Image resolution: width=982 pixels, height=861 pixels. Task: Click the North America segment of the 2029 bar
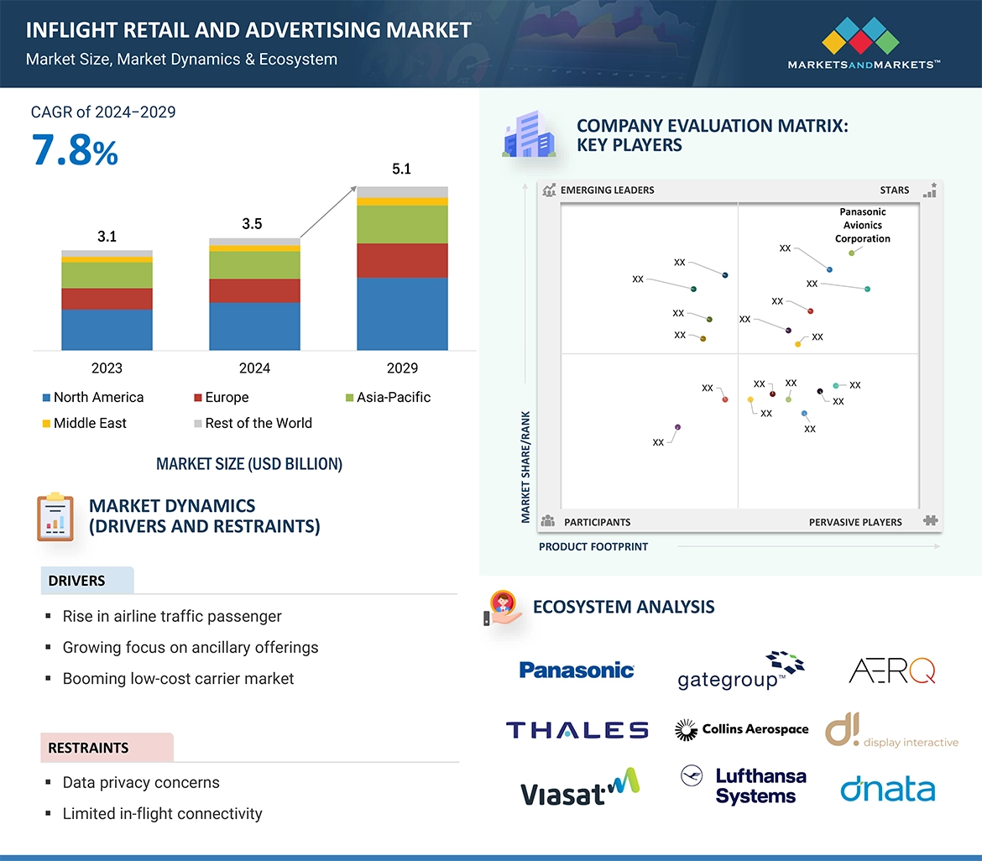tap(402, 313)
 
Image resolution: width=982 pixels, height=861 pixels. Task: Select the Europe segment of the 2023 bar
tap(107, 299)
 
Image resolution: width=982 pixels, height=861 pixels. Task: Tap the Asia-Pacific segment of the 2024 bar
tap(254, 265)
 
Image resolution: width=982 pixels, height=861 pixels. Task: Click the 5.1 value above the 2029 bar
tap(402, 170)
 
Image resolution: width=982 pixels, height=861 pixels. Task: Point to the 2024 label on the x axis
tap(254, 368)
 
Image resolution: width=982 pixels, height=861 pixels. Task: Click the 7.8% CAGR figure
tap(75, 151)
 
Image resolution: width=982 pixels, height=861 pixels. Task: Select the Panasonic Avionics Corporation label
tap(862, 225)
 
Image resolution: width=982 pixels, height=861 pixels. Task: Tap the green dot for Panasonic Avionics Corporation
tap(851, 253)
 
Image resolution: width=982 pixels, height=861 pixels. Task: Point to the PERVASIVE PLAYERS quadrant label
tap(854, 522)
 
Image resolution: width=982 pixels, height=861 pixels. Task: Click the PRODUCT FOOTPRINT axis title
tap(593, 546)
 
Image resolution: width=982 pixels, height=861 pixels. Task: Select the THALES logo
tap(577, 730)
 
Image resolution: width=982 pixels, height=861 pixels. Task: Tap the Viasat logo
tap(579, 789)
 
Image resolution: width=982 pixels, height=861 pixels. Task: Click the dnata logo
tap(887, 790)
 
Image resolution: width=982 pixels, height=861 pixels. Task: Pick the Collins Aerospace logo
tap(742, 730)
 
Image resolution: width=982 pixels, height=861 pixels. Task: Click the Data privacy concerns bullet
tap(140, 783)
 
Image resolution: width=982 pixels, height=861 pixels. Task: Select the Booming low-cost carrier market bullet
tap(178, 678)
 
